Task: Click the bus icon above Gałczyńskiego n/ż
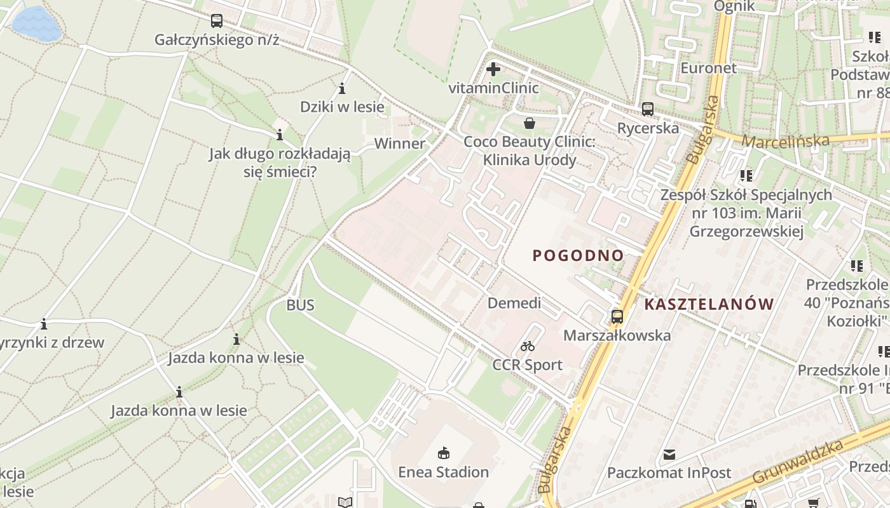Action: [217, 21]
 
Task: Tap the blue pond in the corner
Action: [36, 22]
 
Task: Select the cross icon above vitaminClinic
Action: [493, 69]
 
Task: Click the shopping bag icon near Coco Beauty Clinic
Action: [529, 123]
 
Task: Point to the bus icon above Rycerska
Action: [647, 109]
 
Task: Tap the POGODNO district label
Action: [578, 255]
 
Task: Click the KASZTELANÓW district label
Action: [709, 304]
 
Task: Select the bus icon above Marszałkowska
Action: [617, 316]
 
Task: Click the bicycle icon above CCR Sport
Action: [527, 346]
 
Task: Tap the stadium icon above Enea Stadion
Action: [443, 453]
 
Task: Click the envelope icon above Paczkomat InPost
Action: [669, 454]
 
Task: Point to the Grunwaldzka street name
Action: [798, 462]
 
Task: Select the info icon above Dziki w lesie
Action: [342, 88]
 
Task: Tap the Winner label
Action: [399, 144]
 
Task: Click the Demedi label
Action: [514, 303]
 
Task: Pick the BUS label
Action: [300, 305]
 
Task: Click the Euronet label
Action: [708, 68]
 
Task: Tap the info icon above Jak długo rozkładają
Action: [279, 135]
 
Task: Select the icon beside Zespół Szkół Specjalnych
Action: [746, 175]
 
